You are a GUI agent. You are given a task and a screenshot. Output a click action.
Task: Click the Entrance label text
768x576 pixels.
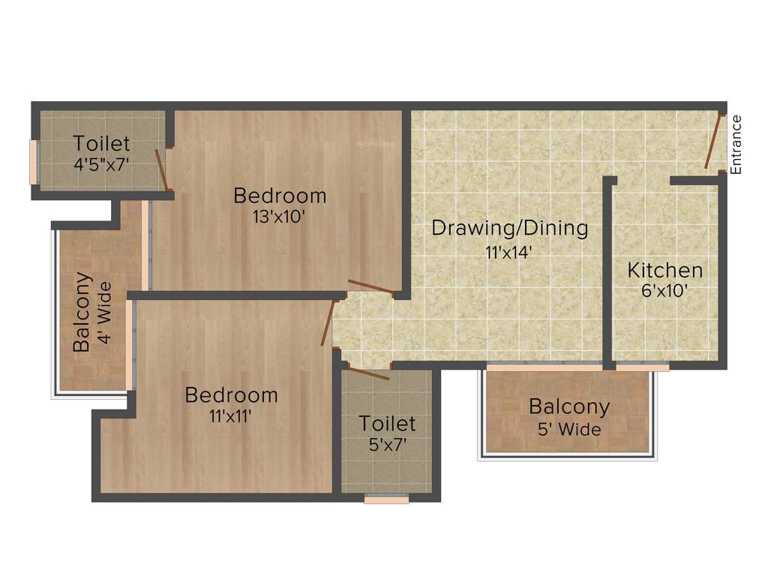coord(736,145)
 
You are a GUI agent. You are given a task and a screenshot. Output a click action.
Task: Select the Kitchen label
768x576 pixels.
coord(665,270)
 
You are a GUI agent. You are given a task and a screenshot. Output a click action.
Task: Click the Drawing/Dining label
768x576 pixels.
coord(510,228)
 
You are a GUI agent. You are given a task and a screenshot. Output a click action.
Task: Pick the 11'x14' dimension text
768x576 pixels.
coord(508,252)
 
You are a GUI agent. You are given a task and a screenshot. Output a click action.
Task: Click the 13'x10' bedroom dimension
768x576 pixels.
coord(280,217)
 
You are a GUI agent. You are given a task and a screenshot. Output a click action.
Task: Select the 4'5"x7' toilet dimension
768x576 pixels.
coord(103,163)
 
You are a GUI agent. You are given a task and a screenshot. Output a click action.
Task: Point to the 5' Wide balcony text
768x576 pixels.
coord(569,430)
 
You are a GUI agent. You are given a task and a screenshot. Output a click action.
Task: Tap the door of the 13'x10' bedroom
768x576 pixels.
coord(371,286)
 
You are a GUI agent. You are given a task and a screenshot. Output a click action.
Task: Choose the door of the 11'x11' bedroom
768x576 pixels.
coord(327,323)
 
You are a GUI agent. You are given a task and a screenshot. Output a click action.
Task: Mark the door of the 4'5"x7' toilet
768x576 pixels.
coord(161,169)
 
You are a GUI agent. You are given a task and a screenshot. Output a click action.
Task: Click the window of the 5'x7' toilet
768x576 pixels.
coord(386,498)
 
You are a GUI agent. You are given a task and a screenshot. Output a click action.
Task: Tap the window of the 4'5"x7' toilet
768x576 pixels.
coord(33,161)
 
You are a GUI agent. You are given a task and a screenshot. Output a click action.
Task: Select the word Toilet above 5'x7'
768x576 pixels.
coord(387,423)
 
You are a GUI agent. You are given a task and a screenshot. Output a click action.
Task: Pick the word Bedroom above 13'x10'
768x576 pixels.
coord(280,196)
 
